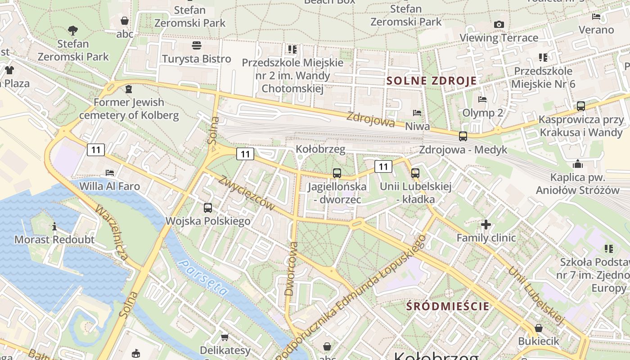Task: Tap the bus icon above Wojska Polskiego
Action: click(x=208, y=208)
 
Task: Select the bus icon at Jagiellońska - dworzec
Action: click(x=337, y=173)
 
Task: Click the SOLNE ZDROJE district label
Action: click(x=432, y=81)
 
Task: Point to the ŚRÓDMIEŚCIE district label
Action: click(x=447, y=306)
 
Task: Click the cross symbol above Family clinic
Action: click(x=486, y=224)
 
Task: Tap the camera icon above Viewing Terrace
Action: click(x=499, y=25)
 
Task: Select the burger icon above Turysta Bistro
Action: click(x=197, y=45)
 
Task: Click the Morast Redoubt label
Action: click(x=54, y=239)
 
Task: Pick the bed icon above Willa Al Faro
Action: click(x=109, y=172)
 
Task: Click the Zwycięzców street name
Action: click(x=247, y=193)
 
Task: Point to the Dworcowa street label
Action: click(x=292, y=269)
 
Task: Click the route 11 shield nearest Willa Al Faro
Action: click(x=96, y=150)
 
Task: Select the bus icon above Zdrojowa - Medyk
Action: click(x=463, y=136)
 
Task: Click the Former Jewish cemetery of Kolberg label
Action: click(x=129, y=108)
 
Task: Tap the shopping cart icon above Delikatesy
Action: click(x=225, y=337)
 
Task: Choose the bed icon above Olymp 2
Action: click(x=482, y=99)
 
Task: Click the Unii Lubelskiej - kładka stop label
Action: click(x=415, y=193)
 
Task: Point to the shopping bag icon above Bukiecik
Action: click(x=538, y=328)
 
